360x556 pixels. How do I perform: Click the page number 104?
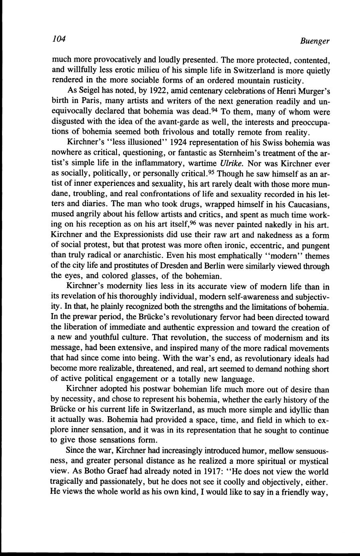click(59, 39)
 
